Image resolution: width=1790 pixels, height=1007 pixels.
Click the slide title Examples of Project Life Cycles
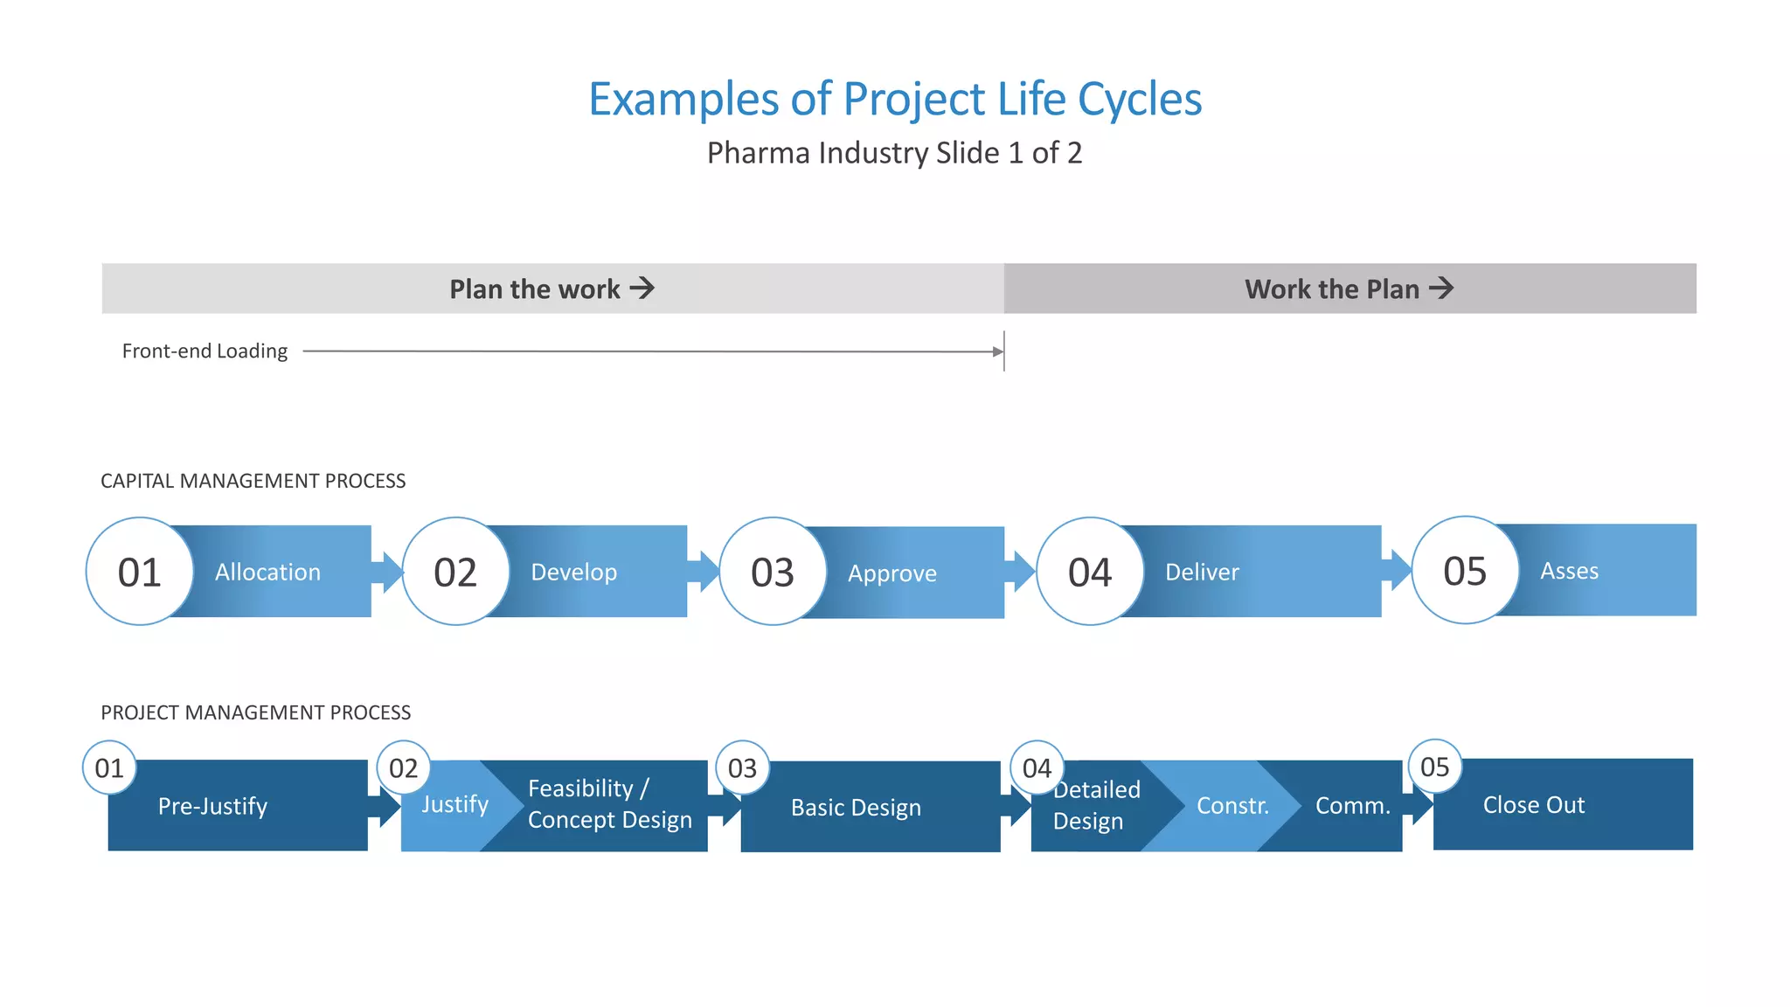point(895,99)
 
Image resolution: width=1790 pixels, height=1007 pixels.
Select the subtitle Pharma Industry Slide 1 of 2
point(894,153)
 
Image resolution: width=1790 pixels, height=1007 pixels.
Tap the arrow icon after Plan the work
point(642,288)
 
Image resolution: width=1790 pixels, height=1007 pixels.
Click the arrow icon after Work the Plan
point(1441,288)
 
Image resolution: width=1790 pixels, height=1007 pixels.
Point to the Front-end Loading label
point(205,351)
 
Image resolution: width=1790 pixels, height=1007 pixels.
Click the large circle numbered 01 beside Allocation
point(140,572)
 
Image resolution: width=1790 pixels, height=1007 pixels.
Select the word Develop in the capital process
point(573,573)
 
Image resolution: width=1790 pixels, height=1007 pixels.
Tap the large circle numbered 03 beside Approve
point(773,572)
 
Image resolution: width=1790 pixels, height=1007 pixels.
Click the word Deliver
point(1202,573)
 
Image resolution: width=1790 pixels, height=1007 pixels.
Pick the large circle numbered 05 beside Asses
point(1465,571)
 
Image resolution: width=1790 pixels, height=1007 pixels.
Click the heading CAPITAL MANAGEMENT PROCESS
point(253,481)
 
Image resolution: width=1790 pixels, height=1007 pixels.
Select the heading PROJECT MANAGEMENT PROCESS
point(255,712)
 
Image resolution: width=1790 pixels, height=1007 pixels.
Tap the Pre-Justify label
point(212,806)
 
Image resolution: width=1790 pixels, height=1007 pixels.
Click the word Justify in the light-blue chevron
point(454,804)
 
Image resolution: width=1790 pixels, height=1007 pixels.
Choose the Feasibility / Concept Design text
point(609,804)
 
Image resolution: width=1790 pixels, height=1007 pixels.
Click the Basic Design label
point(856,808)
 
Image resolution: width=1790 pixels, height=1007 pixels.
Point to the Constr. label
point(1232,806)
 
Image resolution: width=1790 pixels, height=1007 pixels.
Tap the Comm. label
point(1352,806)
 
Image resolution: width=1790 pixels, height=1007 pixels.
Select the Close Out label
point(1533,805)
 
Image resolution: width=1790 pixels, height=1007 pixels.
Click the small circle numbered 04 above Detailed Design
point(1037,767)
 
